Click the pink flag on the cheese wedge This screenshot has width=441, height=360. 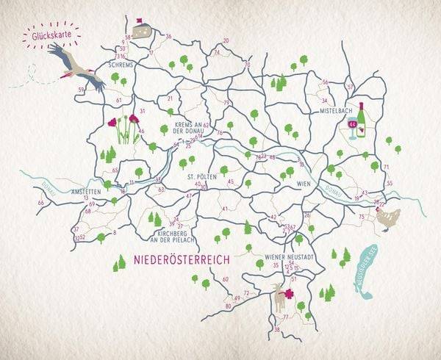[137, 20]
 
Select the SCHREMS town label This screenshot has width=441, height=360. [121, 65]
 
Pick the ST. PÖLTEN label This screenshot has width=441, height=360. [200, 177]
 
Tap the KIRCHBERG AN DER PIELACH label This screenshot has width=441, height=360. [171, 236]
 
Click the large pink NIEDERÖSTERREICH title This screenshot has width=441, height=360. [182, 260]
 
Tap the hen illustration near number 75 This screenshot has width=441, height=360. [390, 217]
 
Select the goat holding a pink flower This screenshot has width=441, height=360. [282, 297]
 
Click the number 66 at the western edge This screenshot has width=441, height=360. [40, 203]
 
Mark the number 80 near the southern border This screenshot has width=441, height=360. [229, 306]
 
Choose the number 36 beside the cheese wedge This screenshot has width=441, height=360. [168, 36]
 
